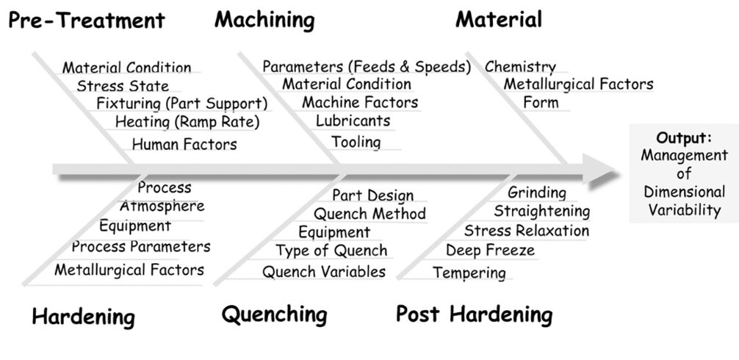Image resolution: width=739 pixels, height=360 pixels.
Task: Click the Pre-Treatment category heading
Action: pyautogui.click(x=86, y=20)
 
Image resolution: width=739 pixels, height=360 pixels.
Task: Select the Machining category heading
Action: pyautogui.click(x=264, y=20)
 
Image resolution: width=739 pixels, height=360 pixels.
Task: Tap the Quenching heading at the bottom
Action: pyautogui.click(x=274, y=315)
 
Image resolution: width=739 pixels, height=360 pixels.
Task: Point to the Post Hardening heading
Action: pyautogui.click(x=474, y=315)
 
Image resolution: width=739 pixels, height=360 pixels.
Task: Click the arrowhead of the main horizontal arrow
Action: pyautogui.click(x=603, y=170)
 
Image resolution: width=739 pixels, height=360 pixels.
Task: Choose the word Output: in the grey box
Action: pyautogui.click(x=683, y=137)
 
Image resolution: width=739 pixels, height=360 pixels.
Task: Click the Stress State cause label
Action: pyautogui.click(x=122, y=86)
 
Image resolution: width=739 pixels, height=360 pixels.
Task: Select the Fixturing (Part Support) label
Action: pyautogui.click(x=181, y=104)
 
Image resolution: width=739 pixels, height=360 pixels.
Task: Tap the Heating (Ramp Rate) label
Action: pyautogui.click(x=187, y=121)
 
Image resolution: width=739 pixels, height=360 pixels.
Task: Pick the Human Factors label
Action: pyautogui.click(x=184, y=145)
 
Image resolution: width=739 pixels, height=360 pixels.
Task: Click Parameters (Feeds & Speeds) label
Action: pyautogui.click(x=367, y=67)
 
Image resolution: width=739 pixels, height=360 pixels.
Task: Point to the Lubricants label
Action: pyautogui.click(x=353, y=120)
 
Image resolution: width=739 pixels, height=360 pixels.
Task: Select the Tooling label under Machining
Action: pyautogui.click(x=356, y=142)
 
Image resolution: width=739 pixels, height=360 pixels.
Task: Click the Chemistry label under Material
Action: pyautogui.click(x=520, y=67)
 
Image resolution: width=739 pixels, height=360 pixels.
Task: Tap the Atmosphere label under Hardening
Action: pyautogui.click(x=162, y=206)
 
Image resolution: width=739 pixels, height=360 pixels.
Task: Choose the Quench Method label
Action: pyautogui.click(x=369, y=214)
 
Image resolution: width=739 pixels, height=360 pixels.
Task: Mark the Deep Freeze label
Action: pyautogui.click(x=490, y=251)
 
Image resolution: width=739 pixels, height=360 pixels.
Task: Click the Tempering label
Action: pyautogui.click(x=469, y=273)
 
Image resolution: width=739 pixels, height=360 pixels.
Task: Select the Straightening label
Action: pyautogui.click(x=541, y=212)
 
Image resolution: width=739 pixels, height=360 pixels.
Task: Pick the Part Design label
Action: pyautogui.click(x=372, y=195)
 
